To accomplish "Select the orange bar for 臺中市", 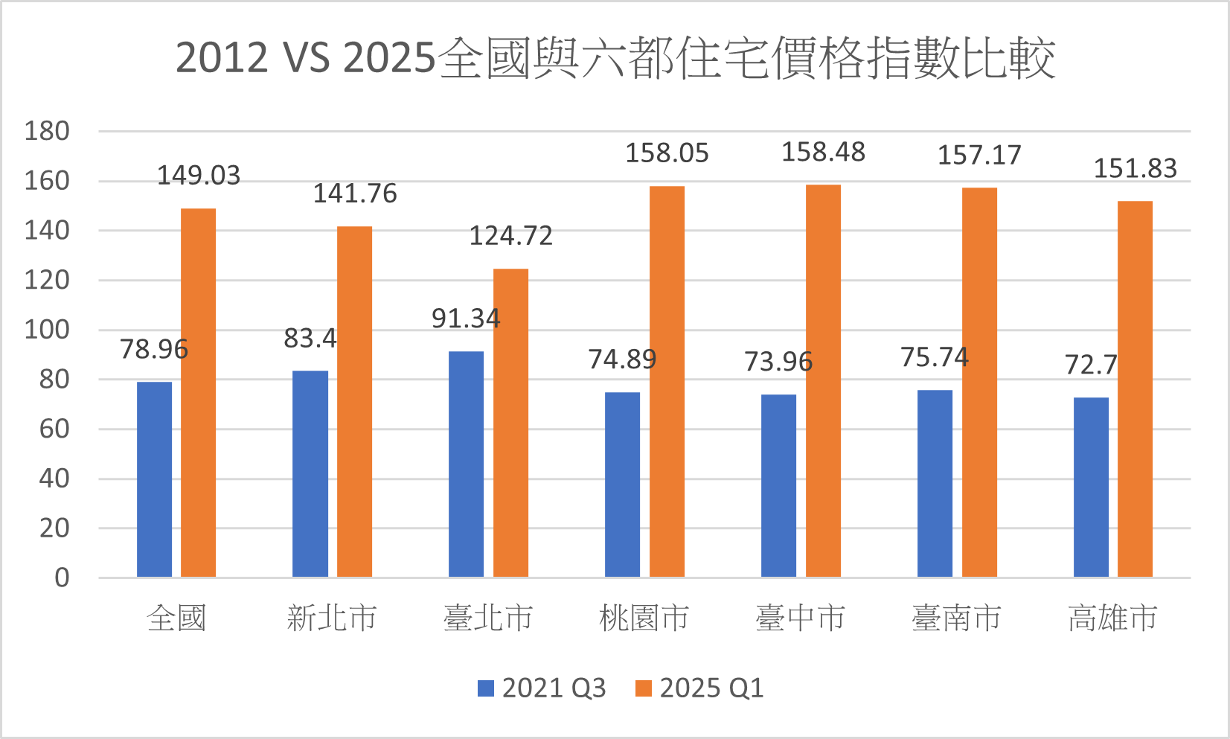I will [x=823, y=380].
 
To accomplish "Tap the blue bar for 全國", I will [x=154, y=479].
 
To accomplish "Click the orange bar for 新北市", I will [x=354, y=401].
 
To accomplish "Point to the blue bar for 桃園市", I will [x=622, y=484].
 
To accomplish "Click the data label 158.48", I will [x=823, y=153].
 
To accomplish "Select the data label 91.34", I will [x=466, y=319].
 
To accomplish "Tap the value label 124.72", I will [x=510, y=236].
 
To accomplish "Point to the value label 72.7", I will [x=1091, y=365].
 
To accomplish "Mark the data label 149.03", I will [x=199, y=176].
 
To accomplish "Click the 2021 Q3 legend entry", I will [x=542, y=688].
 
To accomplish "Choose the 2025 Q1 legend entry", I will [x=699, y=688].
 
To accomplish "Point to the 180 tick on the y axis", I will [x=47, y=132].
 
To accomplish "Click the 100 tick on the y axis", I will [x=47, y=330].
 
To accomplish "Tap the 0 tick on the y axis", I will [x=62, y=578].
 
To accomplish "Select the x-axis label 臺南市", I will [x=957, y=618].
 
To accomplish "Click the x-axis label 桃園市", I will [x=644, y=618].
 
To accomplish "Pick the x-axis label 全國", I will [x=176, y=618].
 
